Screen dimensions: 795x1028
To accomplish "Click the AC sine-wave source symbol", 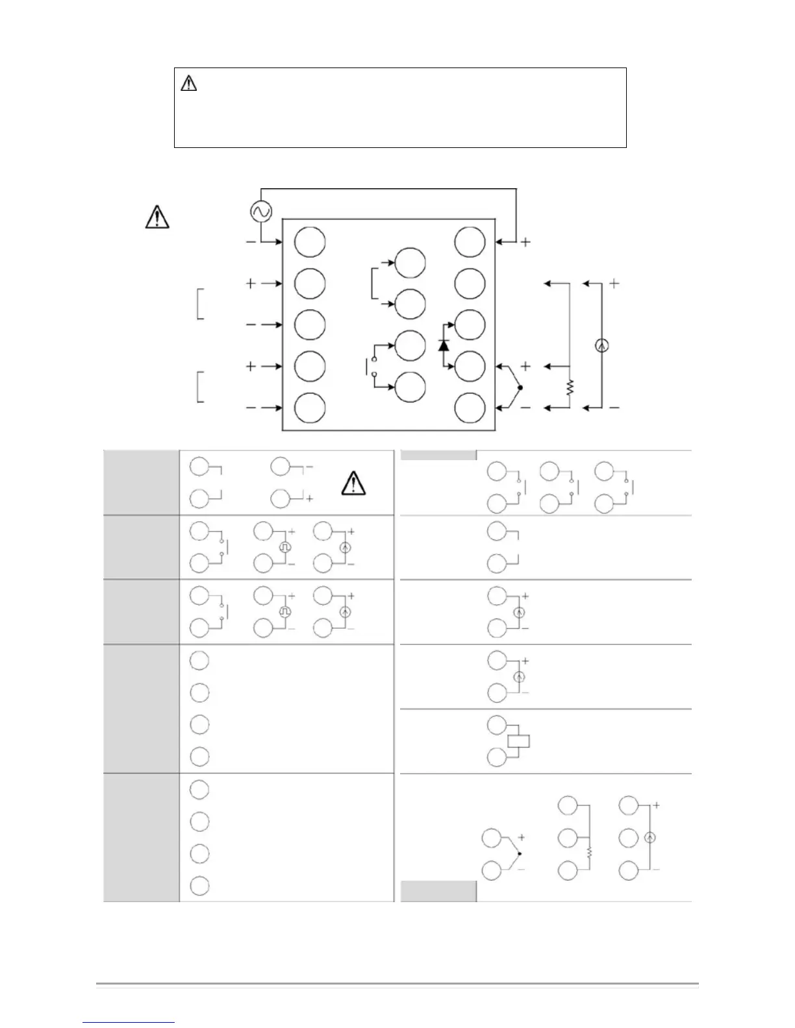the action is (261, 212).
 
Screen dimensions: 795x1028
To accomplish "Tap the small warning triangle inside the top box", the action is (188, 83).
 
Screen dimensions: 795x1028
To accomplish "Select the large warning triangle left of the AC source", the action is (157, 217).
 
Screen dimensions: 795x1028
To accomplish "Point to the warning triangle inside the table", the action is (352, 483).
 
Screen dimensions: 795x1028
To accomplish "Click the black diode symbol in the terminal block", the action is (444, 345).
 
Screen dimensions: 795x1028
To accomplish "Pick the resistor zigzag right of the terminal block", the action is (570, 387).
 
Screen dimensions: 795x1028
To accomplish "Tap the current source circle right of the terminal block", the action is (601, 346).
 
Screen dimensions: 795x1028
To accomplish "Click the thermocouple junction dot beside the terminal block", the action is (520, 387).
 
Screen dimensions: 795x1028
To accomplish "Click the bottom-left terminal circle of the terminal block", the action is (310, 408).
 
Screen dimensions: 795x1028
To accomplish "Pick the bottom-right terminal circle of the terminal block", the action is (470, 408).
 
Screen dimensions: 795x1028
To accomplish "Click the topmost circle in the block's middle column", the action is (410, 262).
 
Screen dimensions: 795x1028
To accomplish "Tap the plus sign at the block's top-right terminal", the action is (525, 242).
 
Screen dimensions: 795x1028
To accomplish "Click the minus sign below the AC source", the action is (251, 242).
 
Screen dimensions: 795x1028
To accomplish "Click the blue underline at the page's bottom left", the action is (129, 1022).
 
